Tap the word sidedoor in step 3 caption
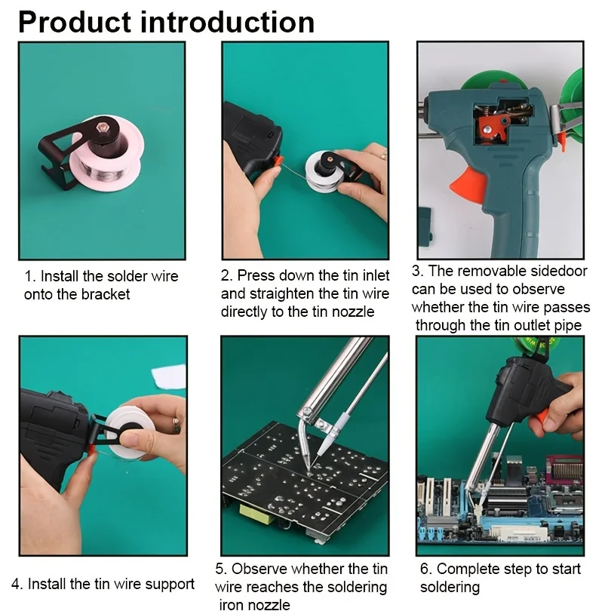click(x=551, y=271)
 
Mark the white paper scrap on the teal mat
click(x=170, y=376)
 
